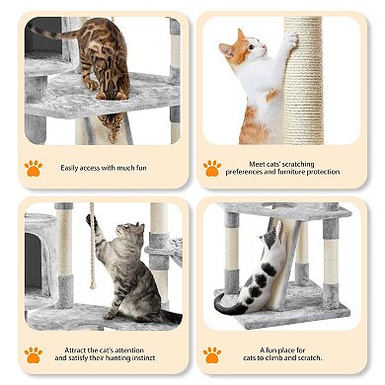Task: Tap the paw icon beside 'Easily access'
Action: [34, 168]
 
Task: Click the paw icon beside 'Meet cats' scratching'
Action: [212, 168]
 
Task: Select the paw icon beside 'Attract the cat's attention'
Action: [34, 354]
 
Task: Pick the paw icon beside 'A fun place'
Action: [212, 354]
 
